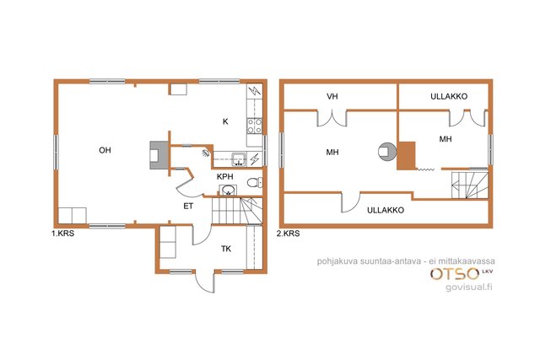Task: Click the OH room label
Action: click(x=105, y=150)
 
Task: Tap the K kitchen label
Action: click(x=225, y=121)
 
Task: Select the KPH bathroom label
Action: click(x=225, y=176)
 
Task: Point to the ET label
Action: click(x=188, y=207)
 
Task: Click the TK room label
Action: click(x=226, y=249)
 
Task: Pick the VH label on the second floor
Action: click(x=332, y=96)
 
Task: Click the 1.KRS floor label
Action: click(x=62, y=234)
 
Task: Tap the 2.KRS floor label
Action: click(x=288, y=234)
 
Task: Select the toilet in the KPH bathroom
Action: click(x=255, y=182)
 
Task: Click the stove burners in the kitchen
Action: click(x=255, y=126)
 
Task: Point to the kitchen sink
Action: click(x=238, y=159)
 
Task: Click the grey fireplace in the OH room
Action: click(x=159, y=155)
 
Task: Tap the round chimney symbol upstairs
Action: click(x=386, y=151)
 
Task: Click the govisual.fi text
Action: click(x=469, y=287)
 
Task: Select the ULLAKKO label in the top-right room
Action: click(x=449, y=96)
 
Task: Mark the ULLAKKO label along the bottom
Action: click(x=386, y=210)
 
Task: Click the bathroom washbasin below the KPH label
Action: click(x=228, y=190)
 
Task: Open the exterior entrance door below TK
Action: click(x=205, y=281)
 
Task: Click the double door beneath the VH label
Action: click(x=332, y=118)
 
